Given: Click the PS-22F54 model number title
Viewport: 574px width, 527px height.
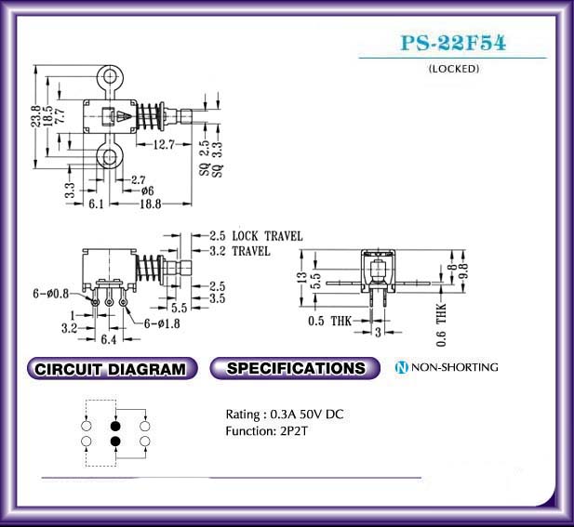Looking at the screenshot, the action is (x=453, y=43).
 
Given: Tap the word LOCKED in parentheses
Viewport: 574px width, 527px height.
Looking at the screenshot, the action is (x=454, y=69).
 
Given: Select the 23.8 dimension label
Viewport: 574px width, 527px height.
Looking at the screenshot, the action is (x=35, y=116).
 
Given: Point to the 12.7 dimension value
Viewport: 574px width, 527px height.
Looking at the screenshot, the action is (x=164, y=145).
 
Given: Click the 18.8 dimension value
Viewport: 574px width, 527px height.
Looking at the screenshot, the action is (x=151, y=204).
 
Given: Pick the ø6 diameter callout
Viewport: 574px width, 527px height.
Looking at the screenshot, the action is (x=147, y=191).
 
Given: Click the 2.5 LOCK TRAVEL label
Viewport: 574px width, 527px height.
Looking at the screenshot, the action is (x=256, y=236).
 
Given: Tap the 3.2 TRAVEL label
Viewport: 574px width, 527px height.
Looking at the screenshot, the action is (x=240, y=251).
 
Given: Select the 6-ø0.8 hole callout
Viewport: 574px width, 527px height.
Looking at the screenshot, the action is (x=50, y=294).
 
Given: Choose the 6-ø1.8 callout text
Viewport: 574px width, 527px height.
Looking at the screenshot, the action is (x=162, y=323).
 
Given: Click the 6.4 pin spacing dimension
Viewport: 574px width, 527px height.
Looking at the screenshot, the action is (x=108, y=340).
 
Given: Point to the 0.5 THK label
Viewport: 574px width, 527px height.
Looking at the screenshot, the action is (x=329, y=321).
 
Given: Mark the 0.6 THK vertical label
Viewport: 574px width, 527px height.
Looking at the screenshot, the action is (x=442, y=324).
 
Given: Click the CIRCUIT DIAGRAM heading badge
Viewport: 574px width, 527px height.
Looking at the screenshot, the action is (x=112, y=368).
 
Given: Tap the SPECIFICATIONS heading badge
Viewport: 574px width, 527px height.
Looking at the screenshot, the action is (x=295, y=368).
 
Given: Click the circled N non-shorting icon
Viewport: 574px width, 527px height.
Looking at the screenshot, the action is (x=401, y=367).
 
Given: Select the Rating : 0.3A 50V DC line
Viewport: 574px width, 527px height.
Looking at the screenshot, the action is (x=285, y=415).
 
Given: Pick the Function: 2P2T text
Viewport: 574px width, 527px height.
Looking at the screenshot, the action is (x=266, y=431).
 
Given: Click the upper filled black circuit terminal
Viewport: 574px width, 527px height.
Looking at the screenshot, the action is (x=115, y=426).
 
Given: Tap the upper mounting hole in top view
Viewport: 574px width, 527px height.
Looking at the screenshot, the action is (x=110, y=77).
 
